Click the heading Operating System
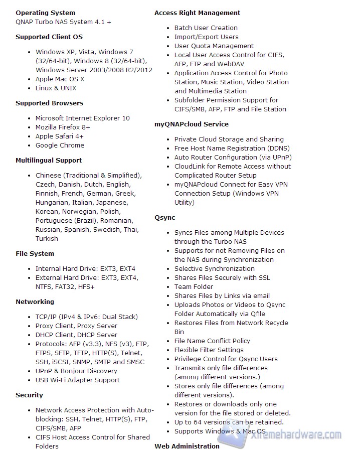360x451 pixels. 45,13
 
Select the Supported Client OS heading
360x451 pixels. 49,37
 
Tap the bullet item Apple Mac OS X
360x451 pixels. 60,79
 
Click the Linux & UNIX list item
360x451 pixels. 56,88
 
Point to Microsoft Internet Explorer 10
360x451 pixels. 82,118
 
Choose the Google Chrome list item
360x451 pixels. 60,145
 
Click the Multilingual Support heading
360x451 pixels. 49,161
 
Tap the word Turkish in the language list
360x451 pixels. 47,239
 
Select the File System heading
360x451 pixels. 35,254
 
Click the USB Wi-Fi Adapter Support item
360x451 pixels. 77,380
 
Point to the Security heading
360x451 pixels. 29,395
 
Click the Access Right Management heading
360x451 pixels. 197,13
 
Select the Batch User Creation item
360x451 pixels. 206,28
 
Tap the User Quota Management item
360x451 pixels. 214,46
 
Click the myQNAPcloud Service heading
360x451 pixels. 191,124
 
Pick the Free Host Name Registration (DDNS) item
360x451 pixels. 232,148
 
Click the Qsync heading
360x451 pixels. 164,218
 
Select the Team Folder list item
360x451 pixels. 194,287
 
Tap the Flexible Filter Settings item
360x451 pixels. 209,350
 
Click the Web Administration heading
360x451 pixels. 187,446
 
